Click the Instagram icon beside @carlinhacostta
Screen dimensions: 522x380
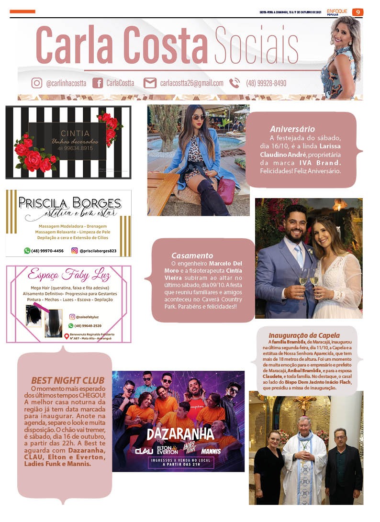pyautogui.click(x=37, y=83)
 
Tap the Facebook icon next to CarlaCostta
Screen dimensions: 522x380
pyautogui.click(x=97, y=83)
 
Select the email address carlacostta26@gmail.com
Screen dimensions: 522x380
pyautogui.click(x=191, y=83)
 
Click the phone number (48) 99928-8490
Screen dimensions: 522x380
pyautogui.click(x=266, y=83)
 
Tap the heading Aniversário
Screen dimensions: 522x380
pyautogui.click(x=292, y=129)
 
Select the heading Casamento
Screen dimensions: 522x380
pyautogui.click(x=192, y=255)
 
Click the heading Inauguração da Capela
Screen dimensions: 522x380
pyautogui.click(x=304, y=335)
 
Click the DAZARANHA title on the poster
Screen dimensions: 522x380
pyautogui.click(x=179, y=434)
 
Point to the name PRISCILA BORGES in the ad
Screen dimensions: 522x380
pyautogui.click(x=69, y=202)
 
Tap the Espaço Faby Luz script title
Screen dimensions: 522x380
pyautogui.click(x=69, y=276)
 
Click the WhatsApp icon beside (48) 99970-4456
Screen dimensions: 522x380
pyautogui.click(x=27, y=250)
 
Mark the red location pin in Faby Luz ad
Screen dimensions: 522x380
pyautogui.click(x=67, y=336)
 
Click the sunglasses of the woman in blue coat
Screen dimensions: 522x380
pyautogui.click(x=199, y=117)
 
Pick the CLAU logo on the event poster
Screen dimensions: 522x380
pyautogui.click(x=131, y=450)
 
